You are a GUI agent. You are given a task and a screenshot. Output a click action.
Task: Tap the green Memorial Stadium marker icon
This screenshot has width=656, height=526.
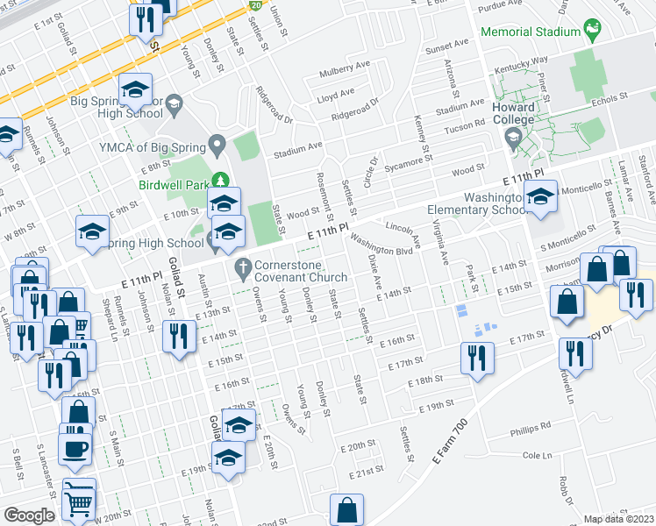pos(593,31)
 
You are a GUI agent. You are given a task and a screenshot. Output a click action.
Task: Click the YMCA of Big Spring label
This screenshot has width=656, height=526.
pos(149,146)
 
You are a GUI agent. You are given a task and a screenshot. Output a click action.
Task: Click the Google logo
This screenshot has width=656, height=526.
pos(28,515)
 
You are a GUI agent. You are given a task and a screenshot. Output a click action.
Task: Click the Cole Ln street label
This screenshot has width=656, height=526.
pos(536,456)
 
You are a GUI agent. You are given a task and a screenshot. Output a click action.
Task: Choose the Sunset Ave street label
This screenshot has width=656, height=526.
pos(447,46)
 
